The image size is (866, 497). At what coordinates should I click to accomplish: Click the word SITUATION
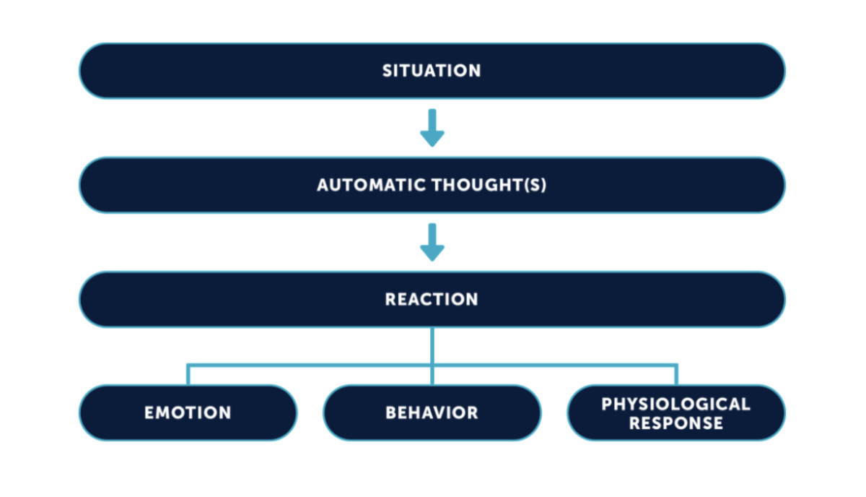(432, 71)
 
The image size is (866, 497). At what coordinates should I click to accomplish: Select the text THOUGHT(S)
(489, 185)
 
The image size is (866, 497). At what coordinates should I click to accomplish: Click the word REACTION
(432, 300)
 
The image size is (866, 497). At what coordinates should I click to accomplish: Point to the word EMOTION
(188, 412)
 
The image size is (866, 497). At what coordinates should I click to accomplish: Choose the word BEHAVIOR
(432, 412)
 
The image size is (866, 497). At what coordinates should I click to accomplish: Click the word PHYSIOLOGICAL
(675, 404)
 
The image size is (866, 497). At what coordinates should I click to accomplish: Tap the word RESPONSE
(675, 423)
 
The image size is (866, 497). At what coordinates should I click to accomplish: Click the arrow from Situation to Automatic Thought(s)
(432, 128)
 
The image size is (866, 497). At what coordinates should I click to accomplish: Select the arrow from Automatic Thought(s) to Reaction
(432, 242)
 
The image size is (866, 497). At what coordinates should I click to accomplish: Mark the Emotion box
(188, 412)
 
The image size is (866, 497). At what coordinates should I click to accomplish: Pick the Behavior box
(432, 412)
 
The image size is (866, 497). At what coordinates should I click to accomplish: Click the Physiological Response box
(676, 412)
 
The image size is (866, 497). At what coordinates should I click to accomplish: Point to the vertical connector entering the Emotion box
(188, 375)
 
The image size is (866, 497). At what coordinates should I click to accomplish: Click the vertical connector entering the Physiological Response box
(676, 375)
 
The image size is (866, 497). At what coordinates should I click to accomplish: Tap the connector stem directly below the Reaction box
(432, 345)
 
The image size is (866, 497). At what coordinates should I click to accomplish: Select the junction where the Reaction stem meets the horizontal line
(432, 365)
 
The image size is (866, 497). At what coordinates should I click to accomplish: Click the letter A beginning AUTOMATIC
(324, 185)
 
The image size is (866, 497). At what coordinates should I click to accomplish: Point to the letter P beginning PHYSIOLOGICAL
(607, 404)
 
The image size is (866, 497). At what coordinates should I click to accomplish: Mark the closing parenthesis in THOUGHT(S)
(544, 185)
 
